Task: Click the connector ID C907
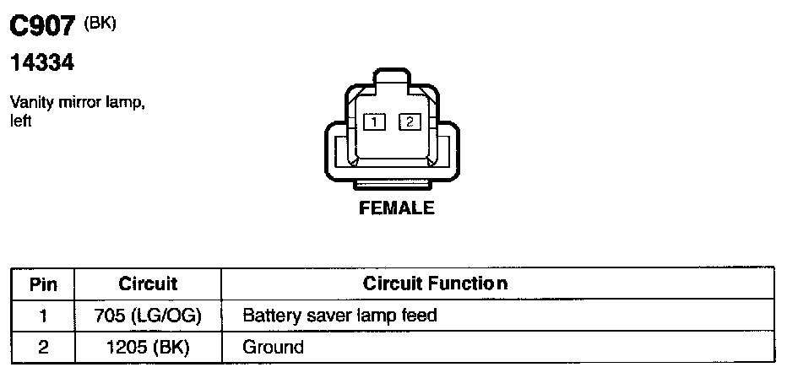pyautogui.click(x=43, y=27)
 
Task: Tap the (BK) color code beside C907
pyautogui.click(x=100, y=24)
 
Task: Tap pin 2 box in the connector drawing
pyautogui.click(x=410, y=121)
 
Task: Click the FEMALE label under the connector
pyautogui.click(x=397, y=208)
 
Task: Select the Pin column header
pyautogui.click(x=43, y=284)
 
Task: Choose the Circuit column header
pyautogui.click(x=148, y=283)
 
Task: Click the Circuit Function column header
pyautogui.click(x=435, y=283)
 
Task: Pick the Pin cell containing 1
pyautogui.click(x=43, y=316)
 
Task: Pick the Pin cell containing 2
pyautogui.click(x=43, y=347)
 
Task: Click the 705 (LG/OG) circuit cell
pyautogui.click(x=148, y=316)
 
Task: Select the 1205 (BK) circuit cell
pyautogui.click(x=148, y=347)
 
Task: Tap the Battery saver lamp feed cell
pyautogui.click(x=339, y=316)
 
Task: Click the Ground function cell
pyautogui.click(x=273, y=347)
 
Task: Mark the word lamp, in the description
pyautogui.click(x=126, y=103)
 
